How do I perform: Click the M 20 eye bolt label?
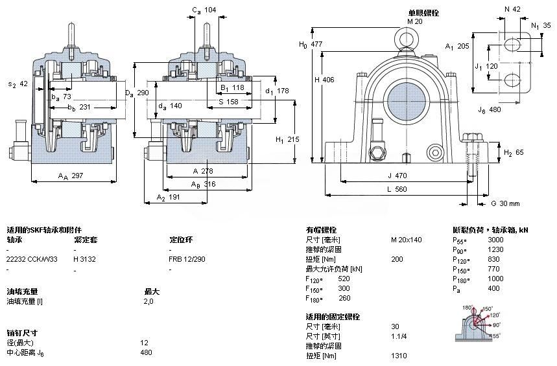(x=414, y=21)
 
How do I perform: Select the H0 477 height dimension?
(x=310, y=44)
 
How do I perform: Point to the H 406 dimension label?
(x=324, y=80)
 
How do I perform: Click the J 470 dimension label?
(x=397, y=175)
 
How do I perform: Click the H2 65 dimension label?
(x=513, y=152)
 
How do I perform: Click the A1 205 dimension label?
(x=457, y=46)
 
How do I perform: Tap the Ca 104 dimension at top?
(x=205, y=10)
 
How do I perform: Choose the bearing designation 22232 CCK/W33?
(x=32, y=258)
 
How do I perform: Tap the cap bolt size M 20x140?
(x=406, y=240)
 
